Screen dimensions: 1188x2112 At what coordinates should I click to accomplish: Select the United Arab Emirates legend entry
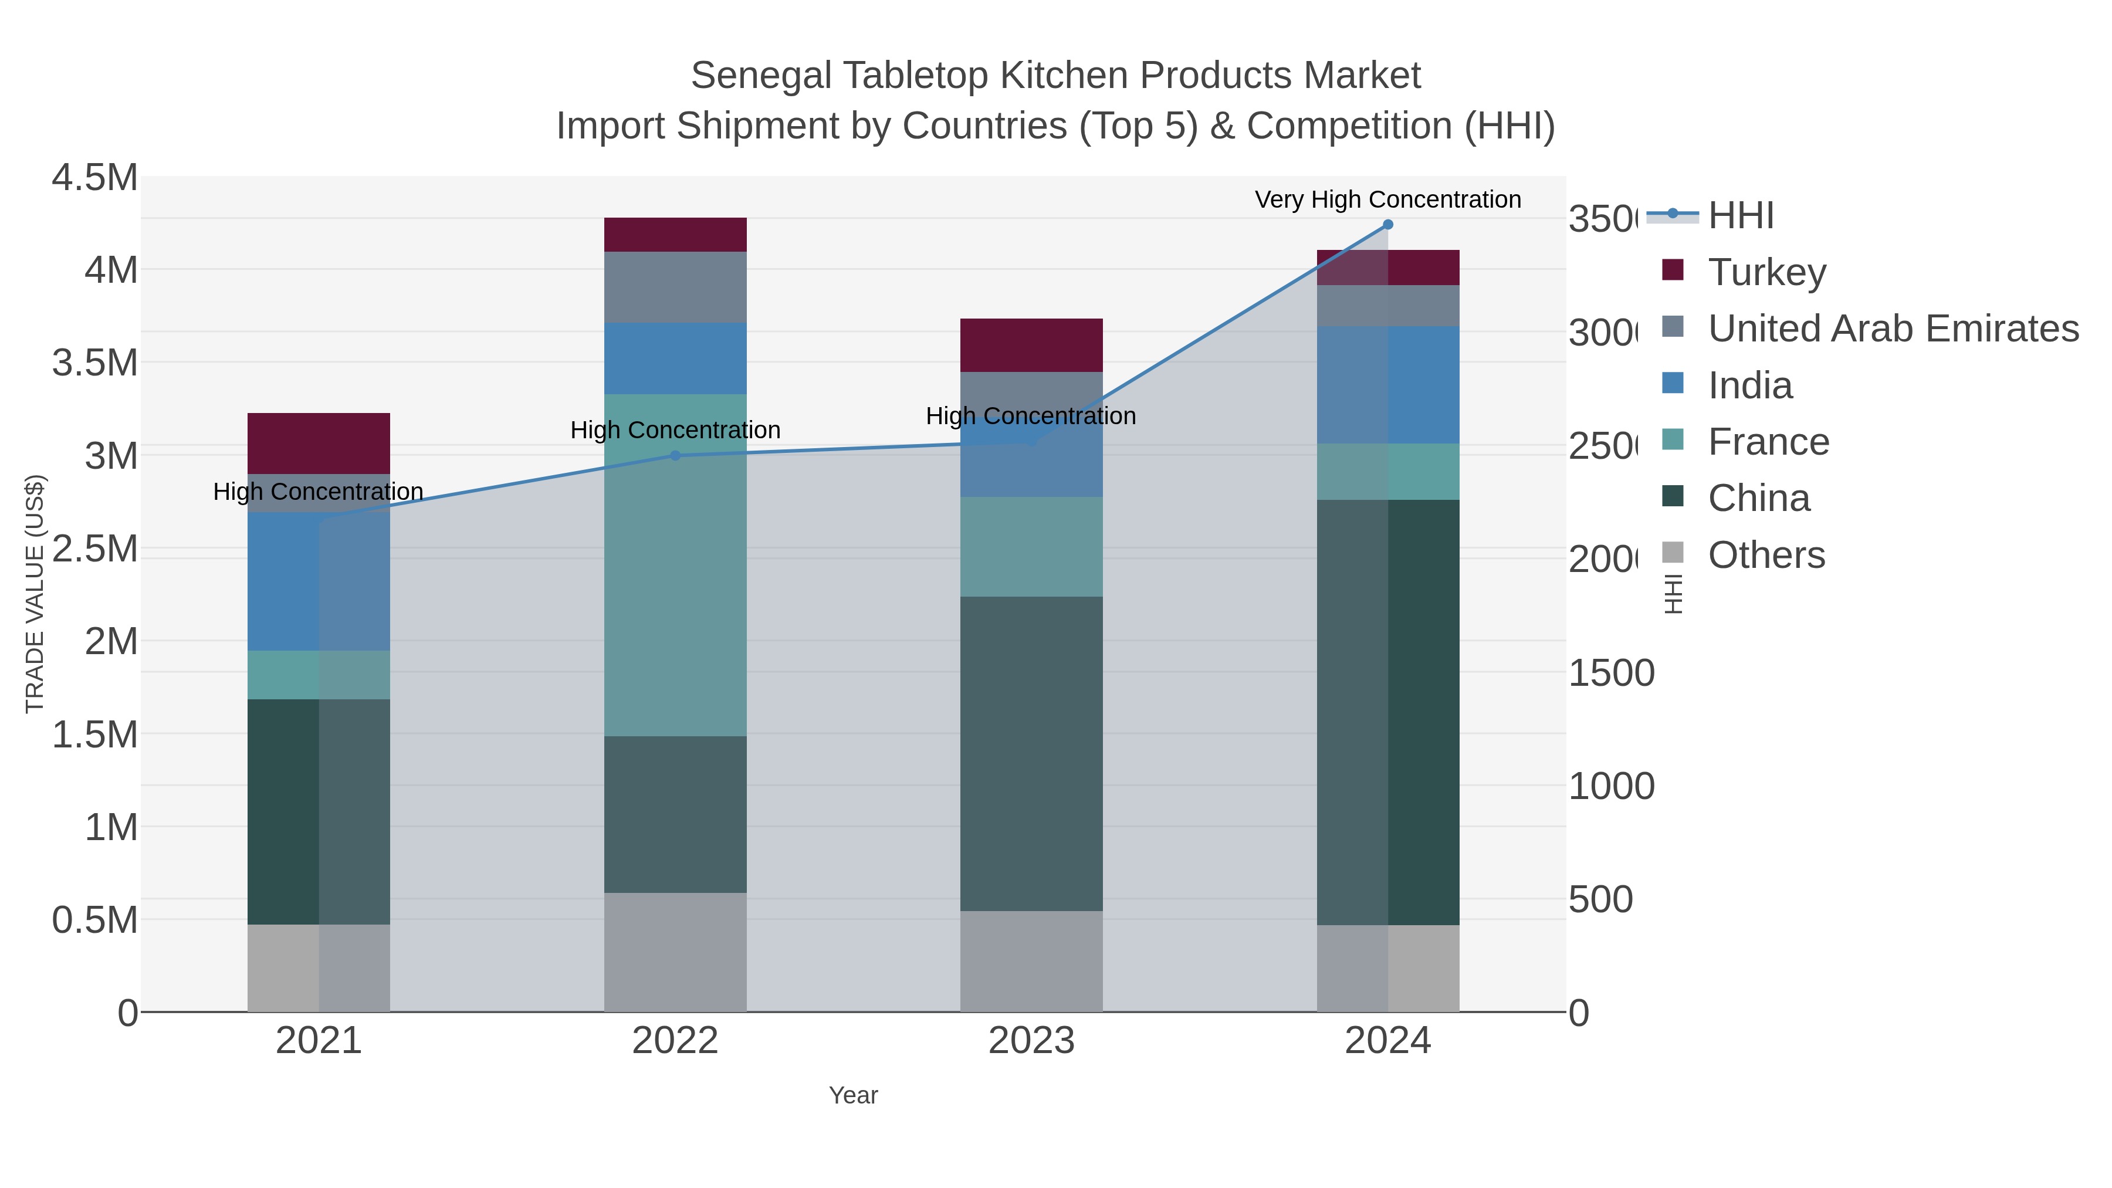[x=1892, y=328]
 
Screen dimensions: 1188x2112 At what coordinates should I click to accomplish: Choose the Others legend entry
[x=1766, y=555]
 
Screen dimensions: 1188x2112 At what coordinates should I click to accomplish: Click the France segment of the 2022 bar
[x=675, y=565]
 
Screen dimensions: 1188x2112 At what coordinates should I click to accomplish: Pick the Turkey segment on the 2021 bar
[x=318, y=443]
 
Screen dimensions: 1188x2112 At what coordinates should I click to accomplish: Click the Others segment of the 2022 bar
[x=675, y=951]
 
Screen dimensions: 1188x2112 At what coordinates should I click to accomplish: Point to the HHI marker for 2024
[x=1387, y=224]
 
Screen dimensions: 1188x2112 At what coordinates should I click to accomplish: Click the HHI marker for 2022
[x=675, y=455]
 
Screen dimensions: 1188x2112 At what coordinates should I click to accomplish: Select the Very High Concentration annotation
[x=1387, y=199]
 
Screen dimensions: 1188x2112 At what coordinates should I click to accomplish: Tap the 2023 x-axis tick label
[x=1031, y=1040]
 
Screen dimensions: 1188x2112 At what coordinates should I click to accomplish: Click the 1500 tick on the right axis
[x=1611, y=673]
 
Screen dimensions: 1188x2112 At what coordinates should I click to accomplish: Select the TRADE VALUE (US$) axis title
[x=35, y=594]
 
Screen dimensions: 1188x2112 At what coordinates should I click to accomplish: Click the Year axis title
[x=852, y=1095]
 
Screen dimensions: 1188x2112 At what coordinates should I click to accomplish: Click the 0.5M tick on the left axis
[x=95, y=920]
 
